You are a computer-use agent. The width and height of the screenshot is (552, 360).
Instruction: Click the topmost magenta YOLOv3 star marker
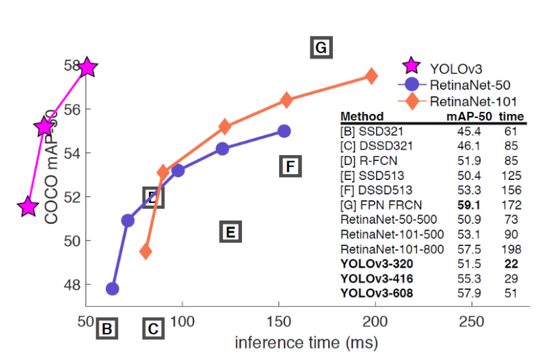click(x=87, y=67)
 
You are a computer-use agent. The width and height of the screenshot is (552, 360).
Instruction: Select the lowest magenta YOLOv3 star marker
click(x=28, y=207)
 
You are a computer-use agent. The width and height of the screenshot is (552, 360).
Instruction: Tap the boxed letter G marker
click(x=321, y=48)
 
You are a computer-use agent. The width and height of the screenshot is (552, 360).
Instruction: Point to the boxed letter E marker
click(x=230, y=233)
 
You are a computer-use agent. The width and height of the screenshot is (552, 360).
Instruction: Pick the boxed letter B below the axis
click(x=106, y=329)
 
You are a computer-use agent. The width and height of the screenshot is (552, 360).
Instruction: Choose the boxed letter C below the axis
click(x=153, y=329)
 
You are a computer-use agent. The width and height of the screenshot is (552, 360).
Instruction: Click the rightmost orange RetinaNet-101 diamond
click(x=371, y=76)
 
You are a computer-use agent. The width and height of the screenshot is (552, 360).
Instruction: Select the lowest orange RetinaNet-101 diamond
click(x=146, y=252)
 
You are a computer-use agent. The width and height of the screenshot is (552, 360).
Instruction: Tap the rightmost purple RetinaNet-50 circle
click(x=284, y=131)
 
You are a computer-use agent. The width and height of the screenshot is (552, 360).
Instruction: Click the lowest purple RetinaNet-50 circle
click(x=113, y=289)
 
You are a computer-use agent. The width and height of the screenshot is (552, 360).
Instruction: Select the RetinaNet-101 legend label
click(x=473, y=102)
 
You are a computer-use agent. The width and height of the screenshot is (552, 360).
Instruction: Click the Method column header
click(x=362, y=116)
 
